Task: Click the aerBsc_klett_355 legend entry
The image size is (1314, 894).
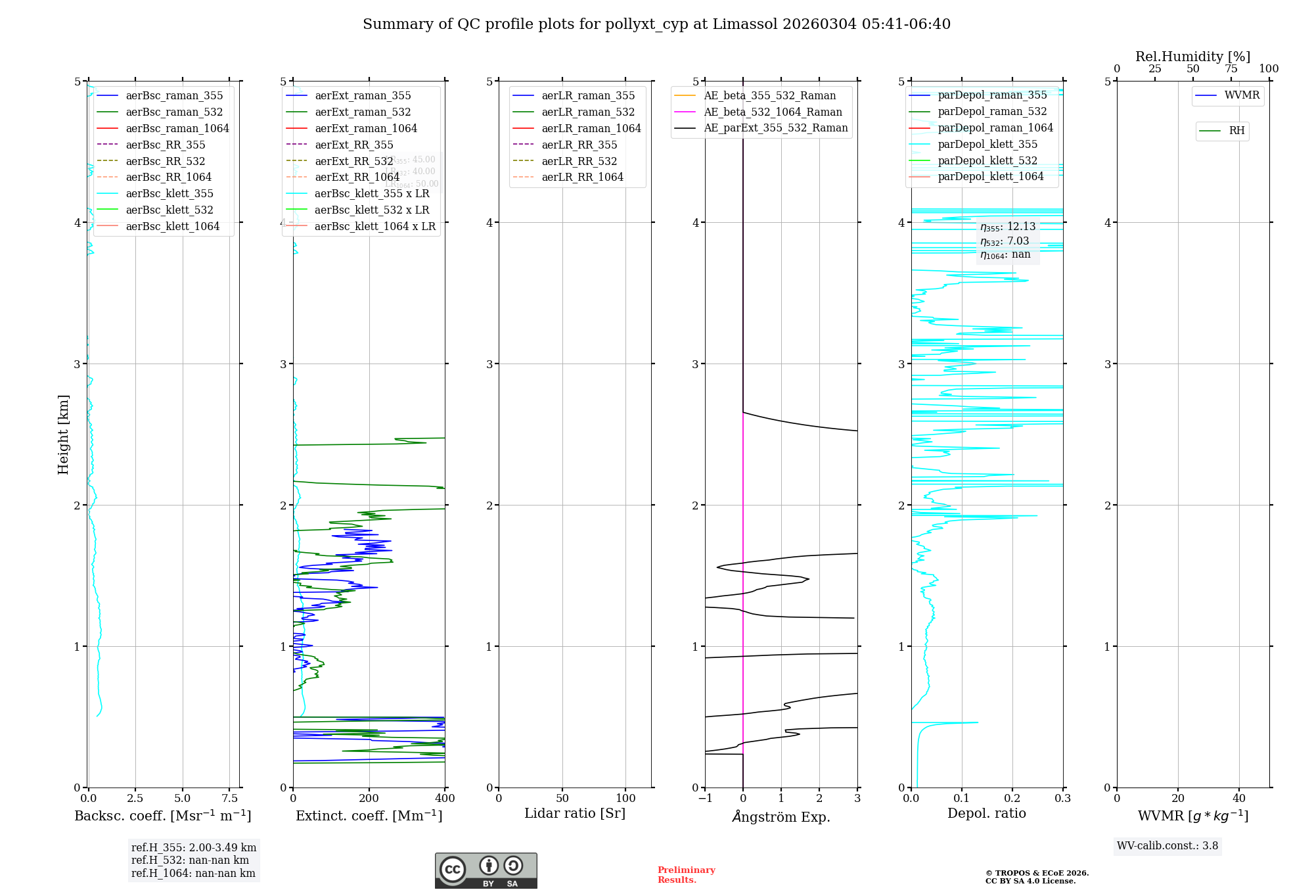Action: [x=170, y=193]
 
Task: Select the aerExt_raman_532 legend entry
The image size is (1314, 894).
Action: [x=363, y=112]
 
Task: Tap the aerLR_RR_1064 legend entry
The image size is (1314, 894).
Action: [x=582, y=177]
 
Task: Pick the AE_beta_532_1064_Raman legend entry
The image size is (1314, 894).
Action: [x=773, y=112]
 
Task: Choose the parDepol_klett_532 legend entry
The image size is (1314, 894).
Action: [x=987, y=160]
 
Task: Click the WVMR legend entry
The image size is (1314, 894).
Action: [x=1242, y=95]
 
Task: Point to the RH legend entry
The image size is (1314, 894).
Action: [x=1236, y=131]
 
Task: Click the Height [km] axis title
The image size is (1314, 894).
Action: [x=63, y=435]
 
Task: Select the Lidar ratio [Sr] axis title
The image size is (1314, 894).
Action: [x=575, y=813]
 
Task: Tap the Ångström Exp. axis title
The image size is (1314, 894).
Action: [x=781, y=816]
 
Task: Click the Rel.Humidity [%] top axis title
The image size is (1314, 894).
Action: [x=1192, y=57]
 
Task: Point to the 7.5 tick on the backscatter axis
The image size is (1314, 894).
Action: [x=230, y=798]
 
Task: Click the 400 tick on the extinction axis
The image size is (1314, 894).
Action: [x=445, y=798]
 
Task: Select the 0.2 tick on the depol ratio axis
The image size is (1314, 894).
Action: [x=1012, y=798]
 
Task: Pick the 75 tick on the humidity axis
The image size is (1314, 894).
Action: [x=1231, y=68]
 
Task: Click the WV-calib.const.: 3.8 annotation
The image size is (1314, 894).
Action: [x=1167, y=845]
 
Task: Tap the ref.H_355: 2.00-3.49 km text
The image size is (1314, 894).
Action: [x=194, y=847]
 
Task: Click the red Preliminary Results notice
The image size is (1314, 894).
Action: [x=686, y=875]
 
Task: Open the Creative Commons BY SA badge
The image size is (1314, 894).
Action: [x=486, y=871]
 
